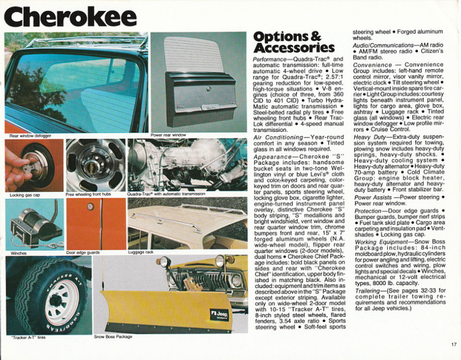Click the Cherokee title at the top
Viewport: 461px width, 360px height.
71,17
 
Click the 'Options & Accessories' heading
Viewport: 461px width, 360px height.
293,42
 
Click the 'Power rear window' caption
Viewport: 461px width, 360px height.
168,135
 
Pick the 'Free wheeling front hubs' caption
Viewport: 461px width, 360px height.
88,195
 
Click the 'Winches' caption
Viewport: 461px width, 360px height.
18,253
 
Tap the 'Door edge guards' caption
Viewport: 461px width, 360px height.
83,252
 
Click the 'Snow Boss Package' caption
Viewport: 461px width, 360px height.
113,336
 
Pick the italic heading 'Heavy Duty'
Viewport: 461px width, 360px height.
366,137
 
